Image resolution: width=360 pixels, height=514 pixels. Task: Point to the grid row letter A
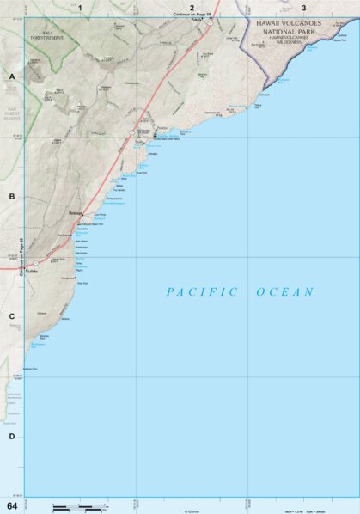pyautogui.click(x=12, y=77)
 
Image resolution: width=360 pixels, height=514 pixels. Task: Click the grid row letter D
pyautogui.click(x=12, y=436)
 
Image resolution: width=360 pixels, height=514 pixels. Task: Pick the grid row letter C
pyautogui.click(x=12, y=316)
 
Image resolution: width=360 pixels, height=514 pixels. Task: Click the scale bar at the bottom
pyautogui.click(x=79, y=507)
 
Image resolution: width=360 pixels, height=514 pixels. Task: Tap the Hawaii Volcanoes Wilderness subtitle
pyautogui.click(x=294, y=40)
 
